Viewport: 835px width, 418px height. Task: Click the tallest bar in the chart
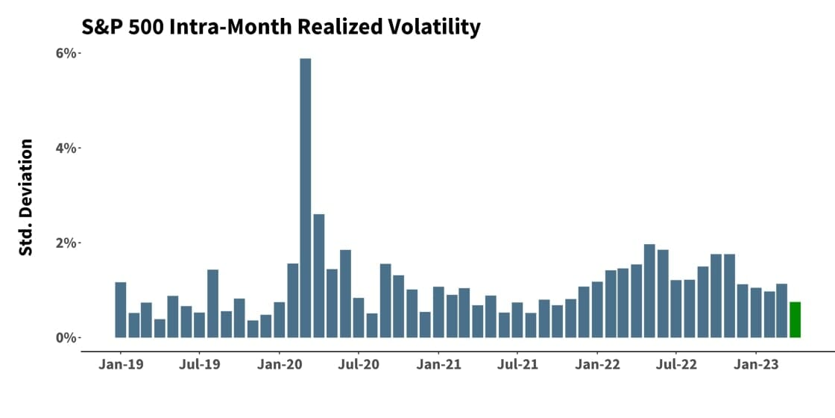point(305,198)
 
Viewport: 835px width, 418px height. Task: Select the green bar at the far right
point(795,319)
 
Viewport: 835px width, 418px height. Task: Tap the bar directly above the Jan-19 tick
point(121,310)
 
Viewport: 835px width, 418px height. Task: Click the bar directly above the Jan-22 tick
point(597,310)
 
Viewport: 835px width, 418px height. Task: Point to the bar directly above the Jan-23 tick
point(756,313)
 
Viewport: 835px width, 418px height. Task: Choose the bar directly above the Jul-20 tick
point(359,318)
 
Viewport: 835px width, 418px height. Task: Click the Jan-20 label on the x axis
point(280,366)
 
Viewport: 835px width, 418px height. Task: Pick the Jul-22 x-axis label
point(676,366)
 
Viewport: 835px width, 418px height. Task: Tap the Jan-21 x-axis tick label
point(438,366)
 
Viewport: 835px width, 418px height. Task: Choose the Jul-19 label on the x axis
point(200,366)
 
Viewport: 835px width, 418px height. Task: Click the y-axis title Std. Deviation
point(26,197)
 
